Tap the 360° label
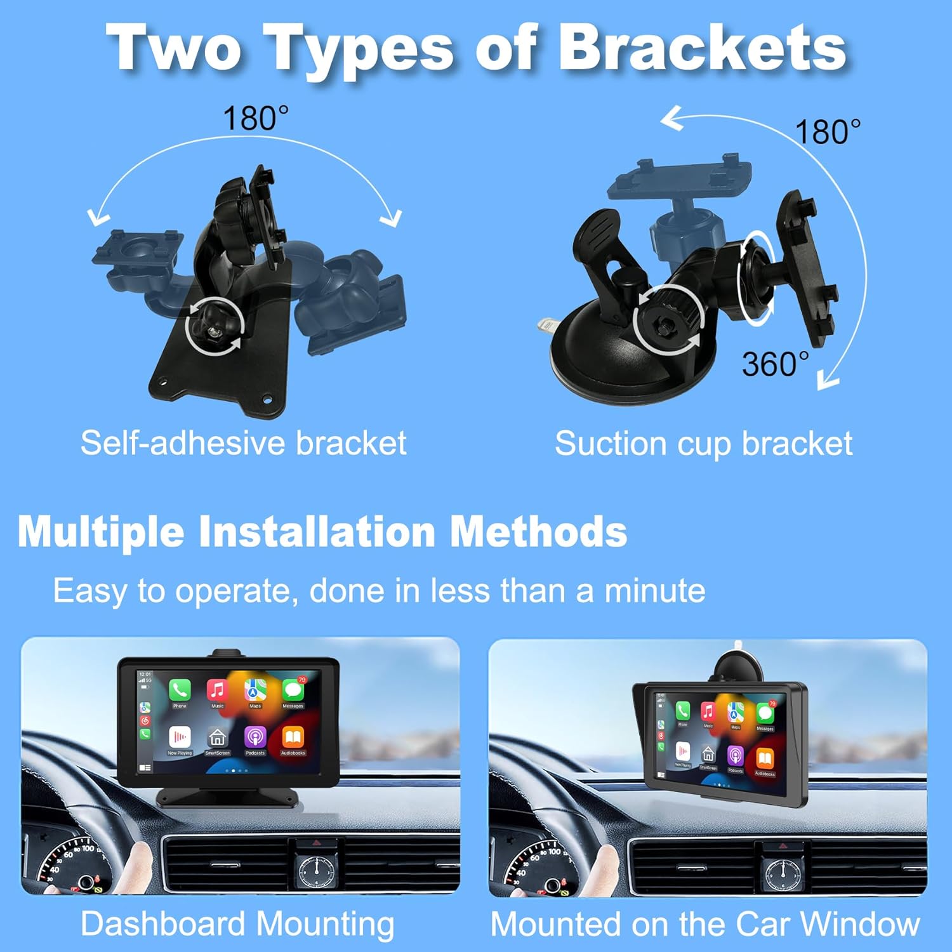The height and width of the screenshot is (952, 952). click(775, 364)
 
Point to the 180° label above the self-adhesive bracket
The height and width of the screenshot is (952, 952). click(256, 119)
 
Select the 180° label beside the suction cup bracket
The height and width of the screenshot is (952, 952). click(828, 132)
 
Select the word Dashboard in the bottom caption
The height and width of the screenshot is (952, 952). click(164, 923)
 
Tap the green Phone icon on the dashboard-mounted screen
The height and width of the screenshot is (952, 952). click(180, 691)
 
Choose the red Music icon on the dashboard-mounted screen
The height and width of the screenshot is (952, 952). click(217, 691)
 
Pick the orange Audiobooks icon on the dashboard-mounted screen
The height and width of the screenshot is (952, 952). click(293, 738)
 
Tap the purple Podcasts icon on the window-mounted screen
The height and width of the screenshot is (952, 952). click(735, 756)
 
